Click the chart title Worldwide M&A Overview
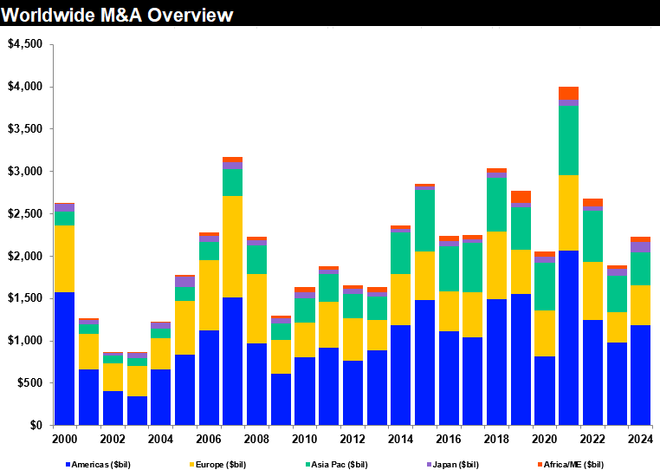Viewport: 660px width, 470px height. click(x=118, y=15)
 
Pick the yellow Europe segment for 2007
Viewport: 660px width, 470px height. click(x=232, y=246)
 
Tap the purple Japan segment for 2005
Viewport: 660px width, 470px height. click(x=184, y=282)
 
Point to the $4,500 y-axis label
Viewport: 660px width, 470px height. click(x=24, y=45)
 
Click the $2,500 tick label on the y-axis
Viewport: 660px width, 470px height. click(x=24, y=214)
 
